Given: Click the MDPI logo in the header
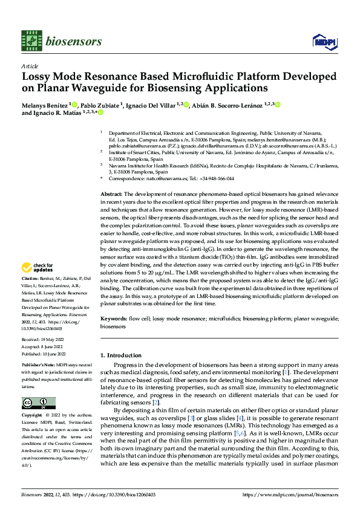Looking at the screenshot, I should (x=321, y=41).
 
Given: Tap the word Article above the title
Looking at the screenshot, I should (x=30, y=65).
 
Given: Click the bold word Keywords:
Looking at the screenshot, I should (x=113, y=318).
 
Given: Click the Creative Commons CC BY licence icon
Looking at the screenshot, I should (x=39, y=403).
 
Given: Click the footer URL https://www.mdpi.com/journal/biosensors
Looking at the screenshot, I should (x=290, y=494).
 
